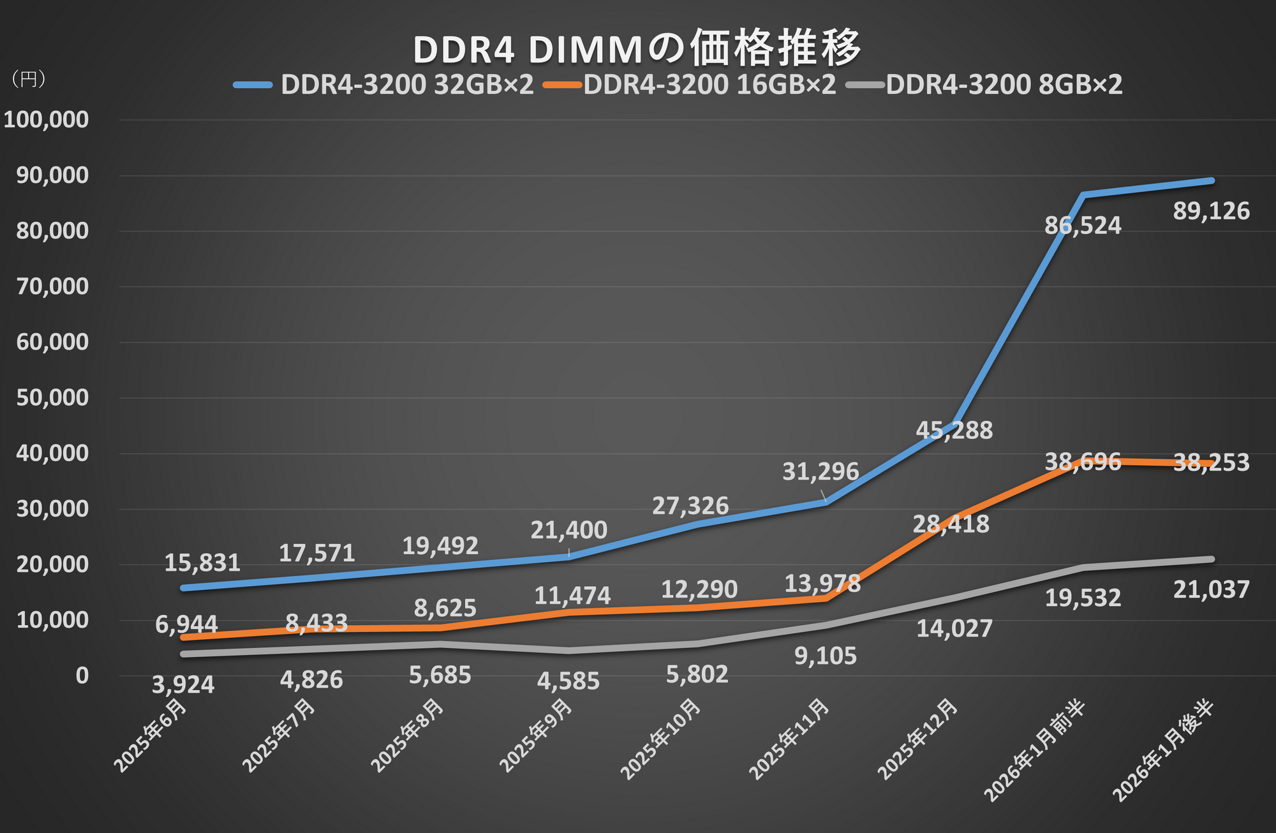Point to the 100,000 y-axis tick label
(46, 119)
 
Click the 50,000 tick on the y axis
(52, 397)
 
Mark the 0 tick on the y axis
(82, 675)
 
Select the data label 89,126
(1211, 212)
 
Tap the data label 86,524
(1082, 226)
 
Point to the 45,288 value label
(954, 431)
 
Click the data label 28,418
(951, 524)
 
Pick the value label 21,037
(1211, 590)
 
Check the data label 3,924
(183, 685)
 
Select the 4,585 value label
(568, 681)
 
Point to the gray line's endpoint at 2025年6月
(184, 654)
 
